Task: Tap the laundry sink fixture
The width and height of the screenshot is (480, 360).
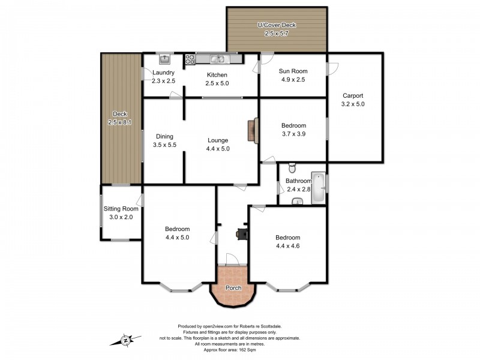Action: [x=164, y=59]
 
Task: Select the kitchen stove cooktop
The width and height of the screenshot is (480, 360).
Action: [x=190, y=59]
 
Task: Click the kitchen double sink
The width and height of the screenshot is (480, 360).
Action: [x=217, y=59]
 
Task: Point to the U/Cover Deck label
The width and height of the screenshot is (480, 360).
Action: [x=277, y=25]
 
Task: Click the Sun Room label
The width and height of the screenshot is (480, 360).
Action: [x=293, y=71]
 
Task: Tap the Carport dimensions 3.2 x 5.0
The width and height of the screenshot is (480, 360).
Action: [x=353, y=104]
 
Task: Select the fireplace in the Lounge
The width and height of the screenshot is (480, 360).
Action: [x=255, y=129]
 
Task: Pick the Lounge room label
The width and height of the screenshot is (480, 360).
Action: [x=218, y=140]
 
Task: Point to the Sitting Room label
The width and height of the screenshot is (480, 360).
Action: [x=121, y=209]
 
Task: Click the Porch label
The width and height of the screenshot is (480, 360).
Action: [x=233, y=288]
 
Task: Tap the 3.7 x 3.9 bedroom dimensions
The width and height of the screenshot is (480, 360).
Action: [x=294, y=134]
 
